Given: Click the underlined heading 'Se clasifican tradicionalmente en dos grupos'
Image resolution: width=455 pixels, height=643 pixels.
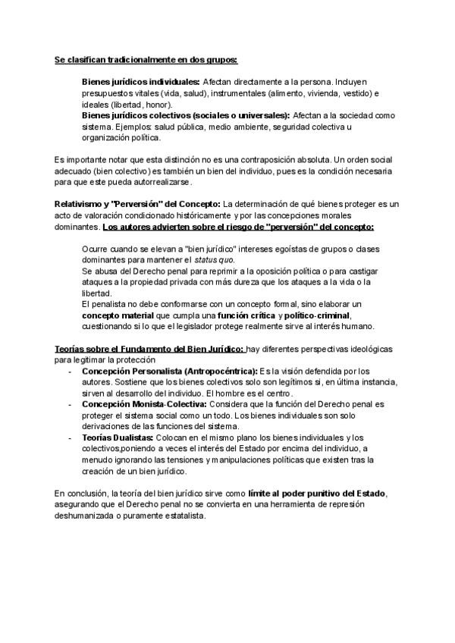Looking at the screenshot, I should (146, 60).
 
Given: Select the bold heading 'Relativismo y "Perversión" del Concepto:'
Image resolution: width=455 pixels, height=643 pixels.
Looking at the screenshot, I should (137, 204).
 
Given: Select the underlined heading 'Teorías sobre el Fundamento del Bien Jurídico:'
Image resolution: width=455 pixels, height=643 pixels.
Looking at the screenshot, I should (149, 348).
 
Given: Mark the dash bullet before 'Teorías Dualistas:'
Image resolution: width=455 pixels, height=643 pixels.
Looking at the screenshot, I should (70, 438).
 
